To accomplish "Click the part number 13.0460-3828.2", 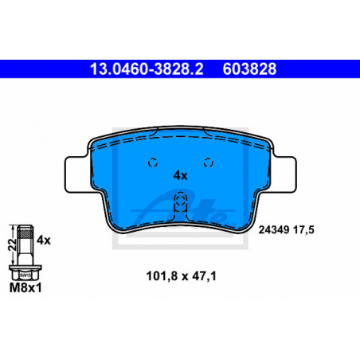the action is pos(147,69).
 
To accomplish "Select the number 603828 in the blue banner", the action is pos(249,69).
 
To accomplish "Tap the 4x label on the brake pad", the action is pos(180,175).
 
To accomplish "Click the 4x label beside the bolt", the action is pos(44,240).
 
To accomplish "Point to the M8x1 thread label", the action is pos(25,288).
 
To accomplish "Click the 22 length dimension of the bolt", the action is pos(12,244).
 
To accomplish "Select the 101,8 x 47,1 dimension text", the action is pos(182,276).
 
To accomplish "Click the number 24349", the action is pos(274,229).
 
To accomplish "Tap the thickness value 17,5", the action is pos(303,229).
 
